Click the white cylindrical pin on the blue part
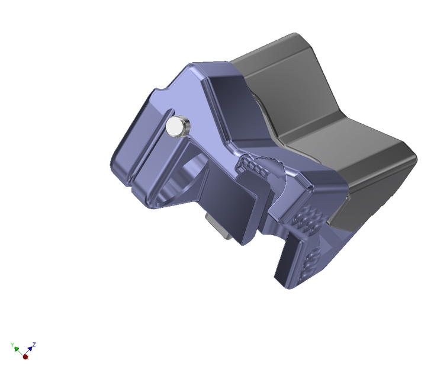(176, 127)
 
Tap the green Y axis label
(12, 344)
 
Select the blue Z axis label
(35, 343)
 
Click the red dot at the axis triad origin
(25, 356)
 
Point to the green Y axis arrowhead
(17, 349)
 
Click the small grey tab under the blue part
(218, 227)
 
